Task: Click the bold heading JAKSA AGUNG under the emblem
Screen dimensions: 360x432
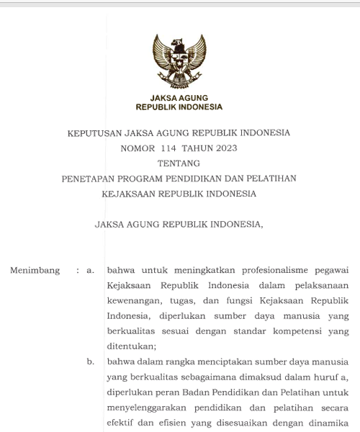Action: click(x=179, y=97)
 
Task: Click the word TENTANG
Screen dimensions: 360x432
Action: click(x=179, y=163)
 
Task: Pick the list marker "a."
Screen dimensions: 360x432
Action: click(x=91, y=271)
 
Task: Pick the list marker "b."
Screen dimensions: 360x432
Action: click(x=91, y=361)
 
